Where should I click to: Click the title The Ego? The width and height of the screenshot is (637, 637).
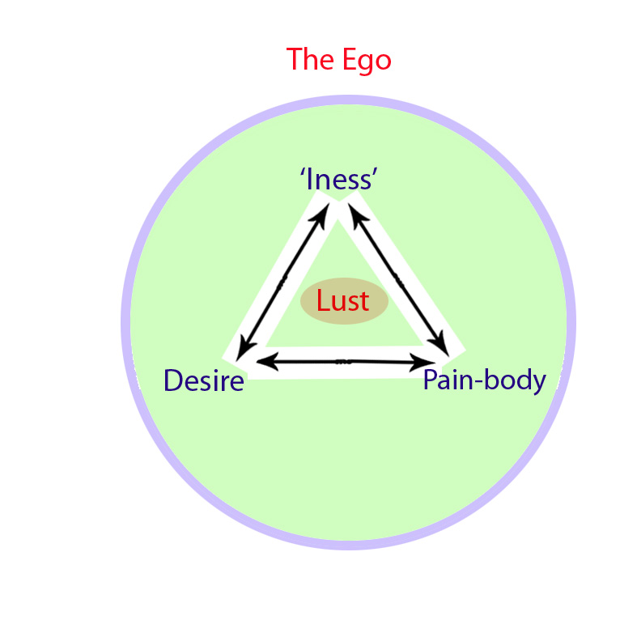(338, 60)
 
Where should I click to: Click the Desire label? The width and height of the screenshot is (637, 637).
(203, 380)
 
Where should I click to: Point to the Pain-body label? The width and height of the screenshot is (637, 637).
(484, 379)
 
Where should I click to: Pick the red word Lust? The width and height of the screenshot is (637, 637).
(342, 301)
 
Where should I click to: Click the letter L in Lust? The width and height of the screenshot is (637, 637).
(322, 301)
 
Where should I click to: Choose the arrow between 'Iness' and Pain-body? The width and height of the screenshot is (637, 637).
(397, 279)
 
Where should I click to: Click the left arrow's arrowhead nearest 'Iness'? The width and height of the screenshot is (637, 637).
(323, 211)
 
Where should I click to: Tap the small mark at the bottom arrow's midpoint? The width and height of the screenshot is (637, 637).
(343, 362)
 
